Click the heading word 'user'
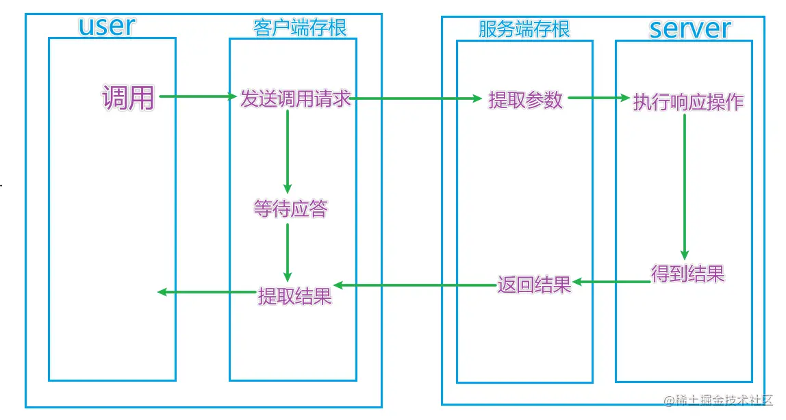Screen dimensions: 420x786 [107, 27]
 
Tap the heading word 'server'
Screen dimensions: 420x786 [689, 29]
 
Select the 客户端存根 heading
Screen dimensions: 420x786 [300, 27]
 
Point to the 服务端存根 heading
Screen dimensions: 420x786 [524, 29]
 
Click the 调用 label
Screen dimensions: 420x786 [128, 98]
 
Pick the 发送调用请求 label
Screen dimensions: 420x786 [295, 99]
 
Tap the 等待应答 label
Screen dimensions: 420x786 [290, 209]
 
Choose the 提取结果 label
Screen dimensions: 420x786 [294, 296]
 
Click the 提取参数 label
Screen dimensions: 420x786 [525, 100]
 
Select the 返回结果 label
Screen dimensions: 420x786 [534, 284]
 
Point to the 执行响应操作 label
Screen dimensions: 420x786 [688, 102]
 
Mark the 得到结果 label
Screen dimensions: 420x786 [687, 274]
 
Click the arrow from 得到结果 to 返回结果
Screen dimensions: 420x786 [611, 281]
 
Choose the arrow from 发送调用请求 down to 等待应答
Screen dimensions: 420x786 [288, 150]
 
